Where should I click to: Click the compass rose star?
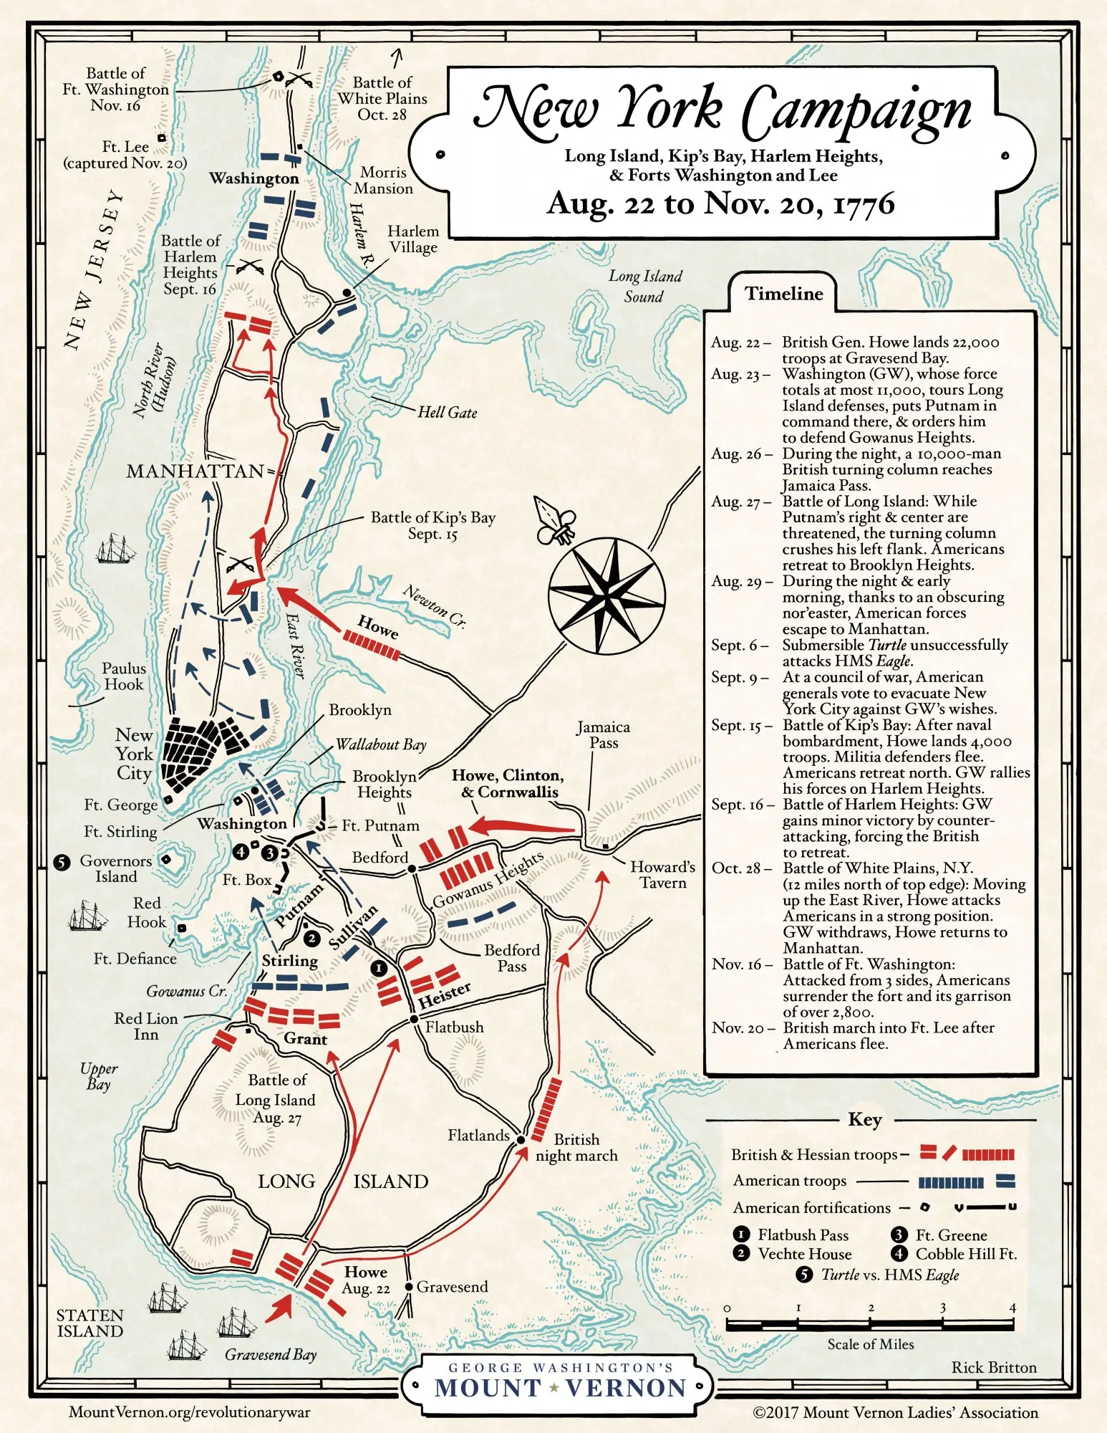pos(606,595)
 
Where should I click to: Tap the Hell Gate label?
pos(447,413)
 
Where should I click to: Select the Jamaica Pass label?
pos(603,735)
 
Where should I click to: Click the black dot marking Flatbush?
pos(413,1019)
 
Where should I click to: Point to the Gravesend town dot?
pos(409,1287)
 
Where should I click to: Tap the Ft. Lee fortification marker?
pos(162,138)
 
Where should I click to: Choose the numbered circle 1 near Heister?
pos(378,968)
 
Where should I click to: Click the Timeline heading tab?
pos(783,294)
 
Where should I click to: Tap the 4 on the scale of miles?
pos(1012,1308)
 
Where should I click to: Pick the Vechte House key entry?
pos(804,1254)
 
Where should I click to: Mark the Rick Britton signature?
pos(993,1367)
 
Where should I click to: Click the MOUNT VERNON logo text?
pos(560,1388)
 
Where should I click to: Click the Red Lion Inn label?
pos(145,1026)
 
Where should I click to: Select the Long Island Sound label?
pos(644,286)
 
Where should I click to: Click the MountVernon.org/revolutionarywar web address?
pos(189,1412)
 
